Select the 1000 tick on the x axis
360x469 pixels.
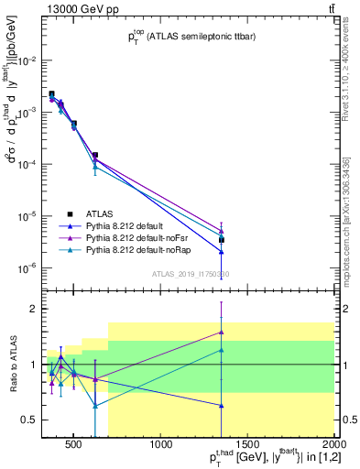(162, 446)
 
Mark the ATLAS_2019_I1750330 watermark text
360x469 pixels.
(190, 274)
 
